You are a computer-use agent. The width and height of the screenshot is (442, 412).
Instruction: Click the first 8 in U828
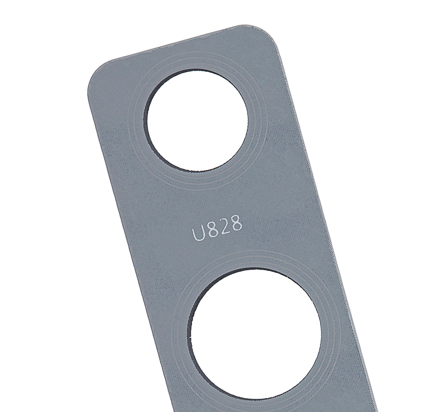[x=211, y=231]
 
